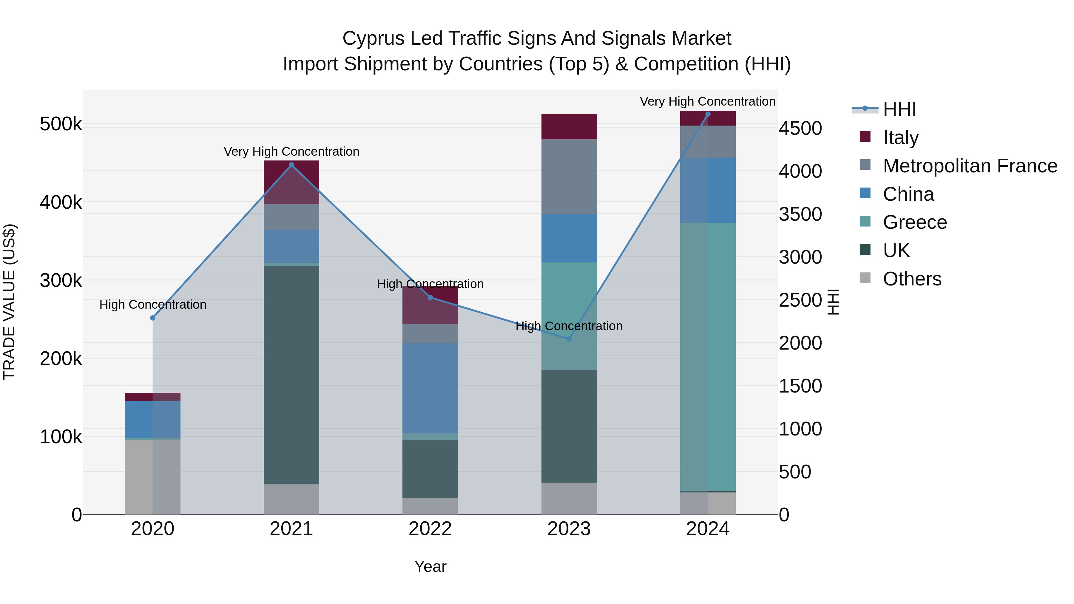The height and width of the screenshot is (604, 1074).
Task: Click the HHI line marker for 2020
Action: coord(152,318)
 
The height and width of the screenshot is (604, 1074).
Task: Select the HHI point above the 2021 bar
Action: coord(291,165)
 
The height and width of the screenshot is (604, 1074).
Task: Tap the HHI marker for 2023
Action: coord(569,339)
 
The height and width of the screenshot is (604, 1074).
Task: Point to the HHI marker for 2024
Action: coord(708,114)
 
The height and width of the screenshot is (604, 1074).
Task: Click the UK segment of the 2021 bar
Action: coord(291,375)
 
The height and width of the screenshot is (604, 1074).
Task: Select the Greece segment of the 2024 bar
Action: coord(708,356)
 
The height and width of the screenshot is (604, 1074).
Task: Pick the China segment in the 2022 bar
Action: coord(430,388)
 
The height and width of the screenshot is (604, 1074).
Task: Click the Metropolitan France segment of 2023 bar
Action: coord(569,177)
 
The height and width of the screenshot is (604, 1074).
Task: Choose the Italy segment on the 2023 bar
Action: coord(569,127)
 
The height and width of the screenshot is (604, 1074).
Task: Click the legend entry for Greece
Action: coord(915,222)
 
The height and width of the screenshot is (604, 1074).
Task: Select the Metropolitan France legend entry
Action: coord(970,166)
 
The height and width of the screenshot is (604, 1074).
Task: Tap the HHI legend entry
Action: coord(899,109)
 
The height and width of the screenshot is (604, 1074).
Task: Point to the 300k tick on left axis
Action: coord(61,281)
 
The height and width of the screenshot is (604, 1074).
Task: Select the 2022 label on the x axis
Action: coord(430,529)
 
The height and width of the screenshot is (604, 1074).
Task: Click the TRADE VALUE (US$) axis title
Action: coord(9,302)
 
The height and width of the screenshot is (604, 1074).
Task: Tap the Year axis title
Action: coord(430,566)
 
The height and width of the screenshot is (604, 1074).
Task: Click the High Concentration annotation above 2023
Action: coord(569,326)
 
